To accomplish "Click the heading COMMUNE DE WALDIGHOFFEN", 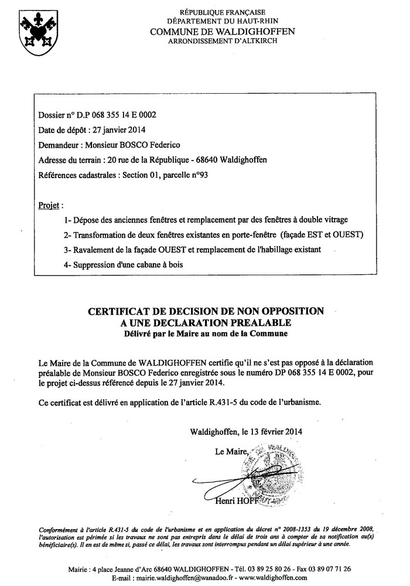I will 223,31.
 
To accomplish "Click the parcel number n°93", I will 199,175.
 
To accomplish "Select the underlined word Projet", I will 49,205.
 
